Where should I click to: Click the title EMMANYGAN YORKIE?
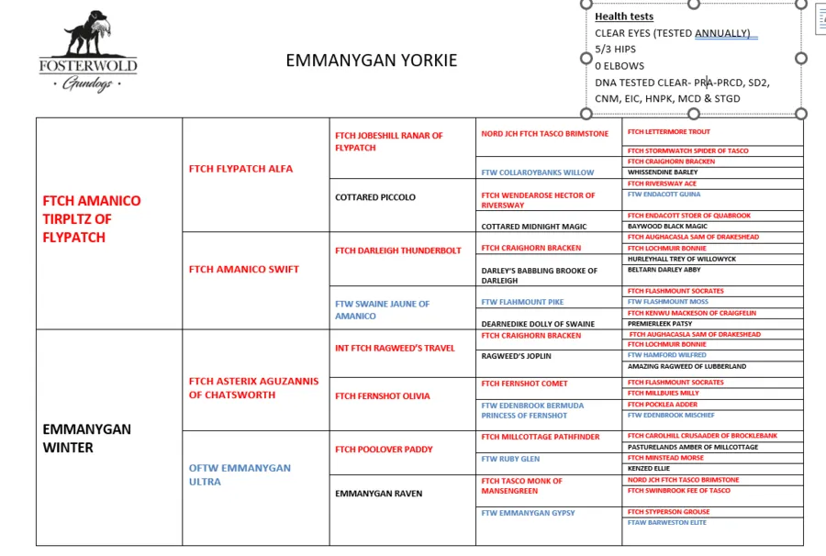pos(371,61)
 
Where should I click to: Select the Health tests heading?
pos(624,17)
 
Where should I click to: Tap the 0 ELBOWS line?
pos(619,66)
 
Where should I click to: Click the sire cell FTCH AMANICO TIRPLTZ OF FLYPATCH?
pos(92,218)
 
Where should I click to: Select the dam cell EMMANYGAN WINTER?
pos(87,438)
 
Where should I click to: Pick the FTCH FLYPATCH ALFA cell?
pos(240,169)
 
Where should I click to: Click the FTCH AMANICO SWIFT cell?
pos(244,269)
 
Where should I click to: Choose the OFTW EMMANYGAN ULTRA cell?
pos(240,474)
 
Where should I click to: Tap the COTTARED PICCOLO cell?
pos(375,197)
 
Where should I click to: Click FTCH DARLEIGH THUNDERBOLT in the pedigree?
pos(398,250)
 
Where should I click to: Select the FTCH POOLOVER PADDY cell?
pos(384,450)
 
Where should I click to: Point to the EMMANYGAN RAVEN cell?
pos(379,494)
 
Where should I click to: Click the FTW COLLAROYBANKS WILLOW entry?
pos(538,172)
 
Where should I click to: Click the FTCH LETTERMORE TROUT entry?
pos(669,132)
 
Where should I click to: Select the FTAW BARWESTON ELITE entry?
pos(667,523)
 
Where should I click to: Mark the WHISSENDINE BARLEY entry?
pos(663,172)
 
